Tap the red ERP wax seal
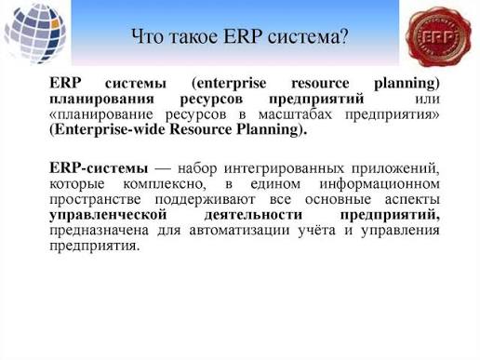pyautogui.click(x=438, y=37)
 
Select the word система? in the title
pyautogui.click(x=308, y=36)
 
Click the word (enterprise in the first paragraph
pyautogui.click(x=229, y=84)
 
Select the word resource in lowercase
pyautogui.click(x=320, y=84)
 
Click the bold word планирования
pyautogui.click(x=101, y=100)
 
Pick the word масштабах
pyautogui.click(x=295, y=114)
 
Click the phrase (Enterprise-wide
pyautogui.click(x=110, y=130)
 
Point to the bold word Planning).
pyautogui.click(x=272, y=130)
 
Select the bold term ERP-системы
pyautogui.click(x=99, y=168)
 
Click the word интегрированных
pyautogui.click(x=284, y=169)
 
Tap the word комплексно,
pyautogui.click(x=165, y=184)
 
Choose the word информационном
pyautogui.click(x=380, y=184)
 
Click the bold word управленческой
pyautogui.click(x=108, y=215)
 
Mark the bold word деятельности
pyautogui.click(x=253, y=215)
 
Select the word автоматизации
pyautogui.click(x=239, y=231)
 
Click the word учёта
pyautogui.click(x=316, y=231)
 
